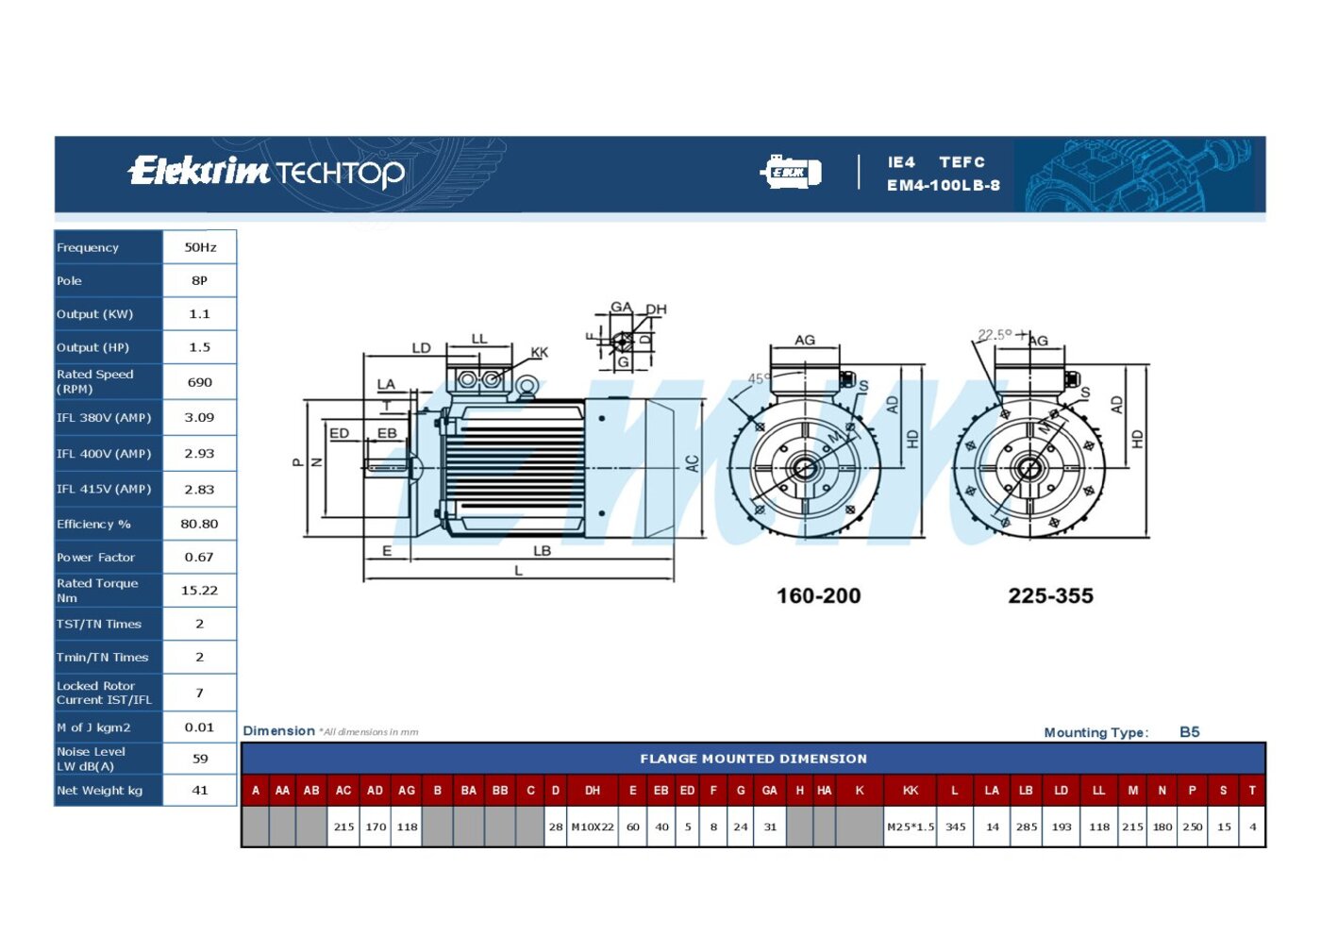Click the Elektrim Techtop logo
tap(266, 172)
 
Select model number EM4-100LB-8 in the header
tap(943, 185)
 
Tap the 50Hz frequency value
tap(200, 247)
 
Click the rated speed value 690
tap(200, 382)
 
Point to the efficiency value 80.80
tap(199, 524)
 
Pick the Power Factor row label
tap(95, 558)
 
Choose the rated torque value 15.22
tap(199, 590)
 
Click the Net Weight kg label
tap(100, 791)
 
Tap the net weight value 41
tap(200, 791)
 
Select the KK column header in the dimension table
tap(910, 791)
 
